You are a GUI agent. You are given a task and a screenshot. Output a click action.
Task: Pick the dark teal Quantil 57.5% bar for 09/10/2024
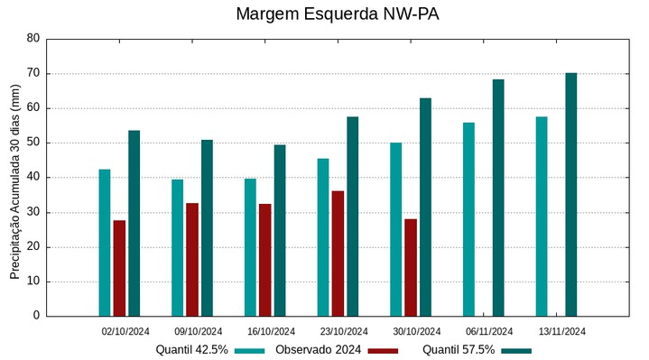click(207, 227)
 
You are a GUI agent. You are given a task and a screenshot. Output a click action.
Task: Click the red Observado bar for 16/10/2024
click(265, 260)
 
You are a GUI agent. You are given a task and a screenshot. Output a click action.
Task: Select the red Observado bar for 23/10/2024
click(338, 254)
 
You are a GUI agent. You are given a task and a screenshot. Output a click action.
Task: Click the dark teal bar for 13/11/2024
click(570, 194)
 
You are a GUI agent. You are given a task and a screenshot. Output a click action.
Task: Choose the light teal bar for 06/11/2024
click(468, 219)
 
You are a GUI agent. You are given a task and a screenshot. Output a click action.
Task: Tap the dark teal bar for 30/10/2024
click(425, 207)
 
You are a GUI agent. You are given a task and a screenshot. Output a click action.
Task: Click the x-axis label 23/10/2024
click(344, 331)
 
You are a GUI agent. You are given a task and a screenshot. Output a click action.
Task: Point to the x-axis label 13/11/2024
click(562, 331)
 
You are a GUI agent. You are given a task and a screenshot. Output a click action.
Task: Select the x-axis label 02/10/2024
click(125, 331)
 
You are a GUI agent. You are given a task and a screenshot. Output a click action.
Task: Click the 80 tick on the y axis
click(33, 39)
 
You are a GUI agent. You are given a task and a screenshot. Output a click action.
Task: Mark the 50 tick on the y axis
click(33, 143)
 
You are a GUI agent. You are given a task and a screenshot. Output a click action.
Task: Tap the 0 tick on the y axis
click(36, 316)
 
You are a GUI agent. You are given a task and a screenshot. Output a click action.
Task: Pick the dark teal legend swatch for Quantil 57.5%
click(516, 350)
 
